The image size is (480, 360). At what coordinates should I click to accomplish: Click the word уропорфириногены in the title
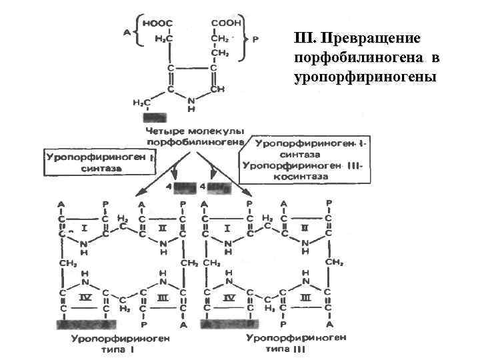(364, 77)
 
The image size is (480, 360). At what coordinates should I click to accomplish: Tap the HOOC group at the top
(161, 23)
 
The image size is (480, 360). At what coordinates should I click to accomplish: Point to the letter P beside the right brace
(256, 39)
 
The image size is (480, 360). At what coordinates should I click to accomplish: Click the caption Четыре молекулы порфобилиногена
(195, 136)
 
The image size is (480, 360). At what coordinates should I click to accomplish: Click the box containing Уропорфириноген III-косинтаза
(307, 160)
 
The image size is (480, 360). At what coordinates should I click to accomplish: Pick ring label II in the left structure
(163, 228)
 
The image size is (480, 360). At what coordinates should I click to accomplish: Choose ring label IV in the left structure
(84, 297)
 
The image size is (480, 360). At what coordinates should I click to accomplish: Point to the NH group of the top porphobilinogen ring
(191, 103)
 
